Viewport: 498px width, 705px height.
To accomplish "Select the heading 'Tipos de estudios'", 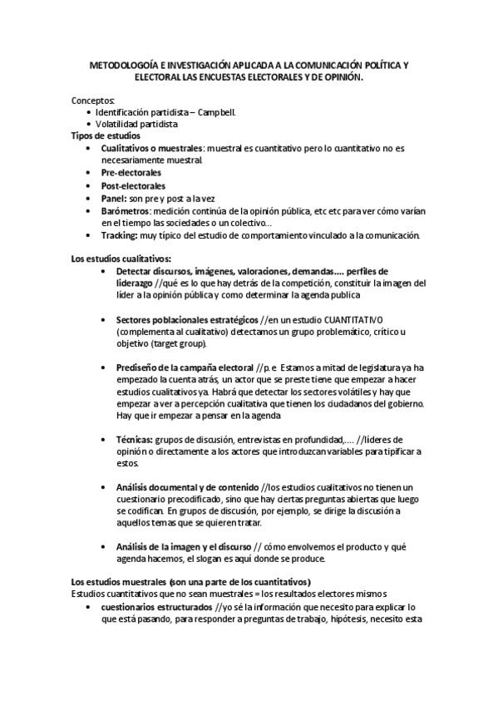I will click(x=106, y=136).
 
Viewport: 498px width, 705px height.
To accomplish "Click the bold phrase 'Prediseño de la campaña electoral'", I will click(x=185, y=367).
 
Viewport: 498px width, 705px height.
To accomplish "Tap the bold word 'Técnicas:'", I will click(x=134, y=439).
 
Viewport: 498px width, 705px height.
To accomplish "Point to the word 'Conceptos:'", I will click(x=94, y=100).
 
